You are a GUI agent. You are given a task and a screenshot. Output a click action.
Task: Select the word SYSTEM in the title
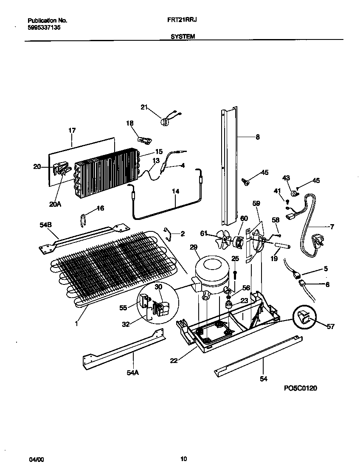click(x=183, y=37)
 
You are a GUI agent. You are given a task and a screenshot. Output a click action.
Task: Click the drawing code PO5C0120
click(x=301, y=388)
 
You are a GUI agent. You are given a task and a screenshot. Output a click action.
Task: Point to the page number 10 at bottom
click(x=183, y=459)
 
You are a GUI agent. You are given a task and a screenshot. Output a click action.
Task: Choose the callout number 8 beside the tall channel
click(x=258, y=137)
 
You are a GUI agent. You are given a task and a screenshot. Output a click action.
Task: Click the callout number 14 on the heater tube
click(x=175, y=191)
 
